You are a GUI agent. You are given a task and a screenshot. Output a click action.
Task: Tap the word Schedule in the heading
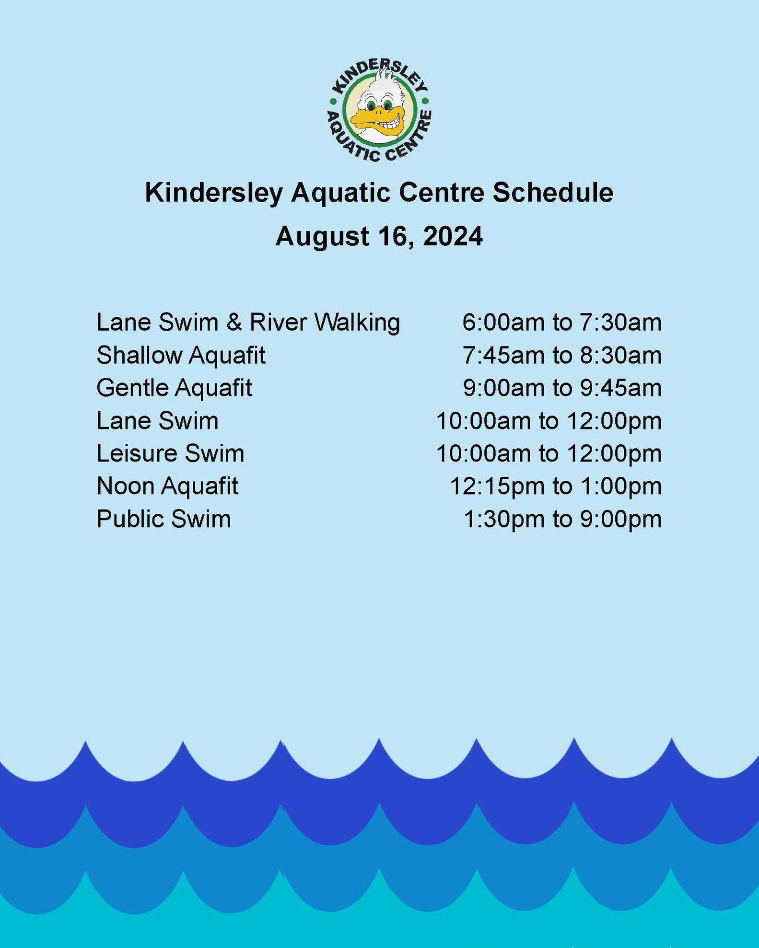tap(553, 193)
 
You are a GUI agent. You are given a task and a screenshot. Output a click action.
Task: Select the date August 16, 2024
tap(379, 237)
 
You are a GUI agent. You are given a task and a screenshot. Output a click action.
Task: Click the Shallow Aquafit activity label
tap(181, 356)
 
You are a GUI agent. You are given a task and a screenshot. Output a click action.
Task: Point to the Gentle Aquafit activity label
tap(174, 388)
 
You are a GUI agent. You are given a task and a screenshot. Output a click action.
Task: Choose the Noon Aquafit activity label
tap(167, 486)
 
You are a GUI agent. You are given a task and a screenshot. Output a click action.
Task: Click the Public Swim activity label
tap(163, 519)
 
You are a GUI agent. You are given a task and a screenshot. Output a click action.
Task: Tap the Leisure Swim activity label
tap(170, 453)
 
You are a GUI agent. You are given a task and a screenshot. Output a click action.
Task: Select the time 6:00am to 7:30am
tap(562, 322)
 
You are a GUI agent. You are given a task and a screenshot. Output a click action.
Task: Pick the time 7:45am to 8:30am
tap(562, 355)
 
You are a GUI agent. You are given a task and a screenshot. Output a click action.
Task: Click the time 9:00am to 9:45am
tap(562, 388)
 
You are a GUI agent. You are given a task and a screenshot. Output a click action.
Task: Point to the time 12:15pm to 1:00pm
tap(556, 486)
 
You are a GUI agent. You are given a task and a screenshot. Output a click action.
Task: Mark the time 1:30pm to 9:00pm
tap(562, 519)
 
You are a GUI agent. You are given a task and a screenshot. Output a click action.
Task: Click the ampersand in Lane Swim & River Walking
tap(234, 322)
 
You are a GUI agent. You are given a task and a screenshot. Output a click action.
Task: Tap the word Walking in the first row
tap(357, 323)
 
